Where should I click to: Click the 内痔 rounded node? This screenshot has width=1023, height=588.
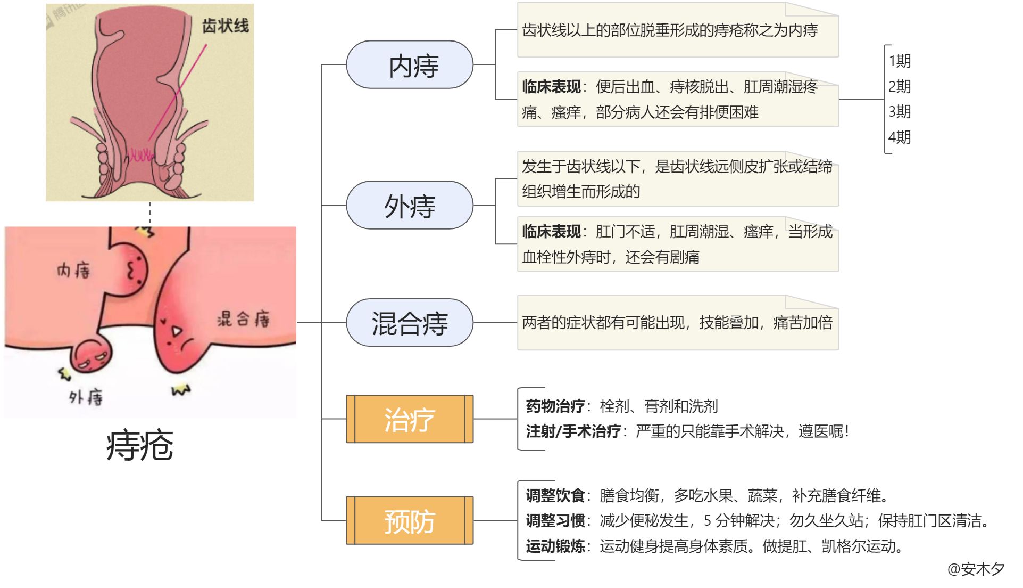[409, 65]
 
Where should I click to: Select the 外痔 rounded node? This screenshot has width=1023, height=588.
[409, 206]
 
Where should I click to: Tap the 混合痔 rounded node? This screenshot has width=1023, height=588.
[409, 323]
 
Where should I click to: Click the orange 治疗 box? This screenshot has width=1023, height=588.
[409, 419]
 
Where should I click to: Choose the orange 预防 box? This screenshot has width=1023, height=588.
[409, 520]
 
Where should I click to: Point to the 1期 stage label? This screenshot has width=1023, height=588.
[900, 61]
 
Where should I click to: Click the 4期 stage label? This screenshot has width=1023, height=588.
[900, 137]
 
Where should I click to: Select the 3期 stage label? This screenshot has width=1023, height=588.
[900, 112]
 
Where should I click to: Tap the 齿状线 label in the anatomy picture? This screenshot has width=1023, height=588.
[225, 26]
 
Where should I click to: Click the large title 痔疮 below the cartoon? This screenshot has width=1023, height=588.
[140, 445]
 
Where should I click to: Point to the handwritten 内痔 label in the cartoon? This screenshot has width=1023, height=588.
[73, 271]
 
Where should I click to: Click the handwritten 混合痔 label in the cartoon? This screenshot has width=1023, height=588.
[244, 319]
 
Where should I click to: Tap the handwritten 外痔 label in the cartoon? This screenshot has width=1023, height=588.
[86, 397]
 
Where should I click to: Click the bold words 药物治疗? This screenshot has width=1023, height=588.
[555, 406]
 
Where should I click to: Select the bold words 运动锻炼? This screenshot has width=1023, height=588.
[555, 546]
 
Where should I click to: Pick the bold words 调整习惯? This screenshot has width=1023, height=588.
[555, 521]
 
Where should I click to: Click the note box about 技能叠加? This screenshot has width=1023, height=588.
[677, 323]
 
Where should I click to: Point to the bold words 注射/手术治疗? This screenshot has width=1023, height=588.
[573, 431]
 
